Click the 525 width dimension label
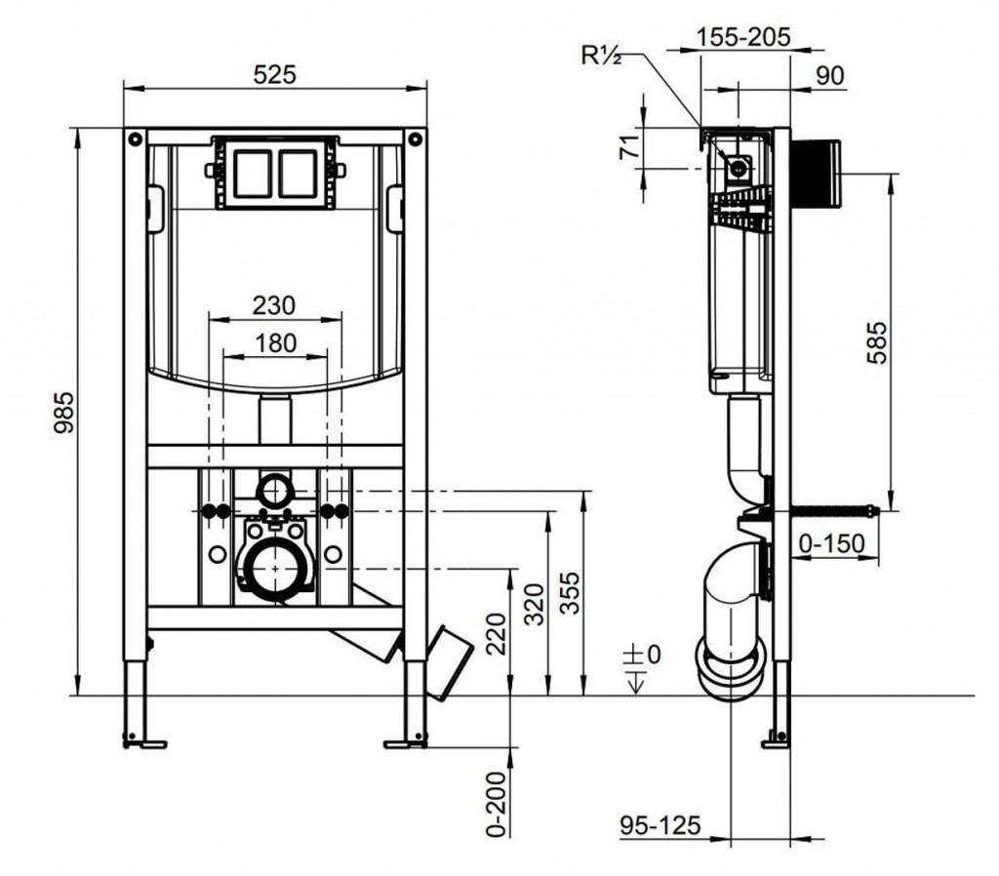click(274, 74)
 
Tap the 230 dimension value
click(274, 305)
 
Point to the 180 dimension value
click(274, 344)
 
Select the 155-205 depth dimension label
click(743, 37)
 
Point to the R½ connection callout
click(602, 55)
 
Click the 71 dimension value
click(629, 147)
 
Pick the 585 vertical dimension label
click(876, 342)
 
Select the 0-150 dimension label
click(830, 543)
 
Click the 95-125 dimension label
click(660, 825)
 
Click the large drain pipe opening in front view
click(274, 566)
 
